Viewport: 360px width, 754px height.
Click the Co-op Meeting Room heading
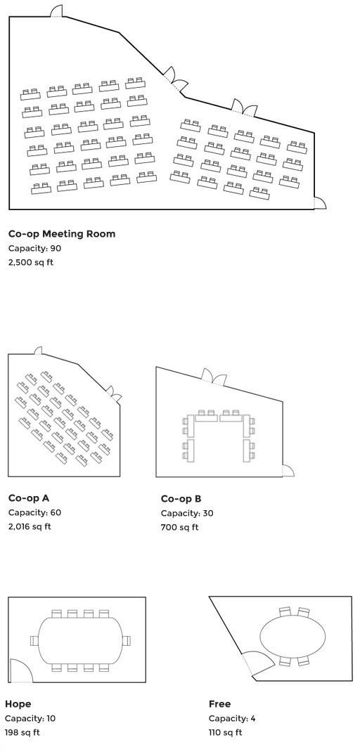pyautogui.click(x=62, y=234)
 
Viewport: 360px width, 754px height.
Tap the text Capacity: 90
pyautogui.click(x=34, y=249)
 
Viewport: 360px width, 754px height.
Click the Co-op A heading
pyautogui.click(x=29, y=498)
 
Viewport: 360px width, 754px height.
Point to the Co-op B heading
pyautogui.click(x=181, y=499)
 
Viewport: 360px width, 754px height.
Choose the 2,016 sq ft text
pyautogui.click(x=30, y=526)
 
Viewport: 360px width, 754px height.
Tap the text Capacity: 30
pyautogui.click(x=187, y=513)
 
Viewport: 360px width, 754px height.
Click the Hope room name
pyautogui.click(x=18, y=705)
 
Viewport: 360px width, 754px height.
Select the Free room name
pyautogui.click(x=219, y=704)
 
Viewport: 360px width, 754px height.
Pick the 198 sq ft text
pyautogui.click(x=22, y=733)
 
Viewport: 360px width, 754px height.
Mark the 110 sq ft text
pyautogui.click(x=225, y=733)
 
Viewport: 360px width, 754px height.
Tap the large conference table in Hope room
pyautogui.click(x=79, y=641)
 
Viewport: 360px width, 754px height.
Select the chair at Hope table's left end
pyautogui.click(x=34, y=641)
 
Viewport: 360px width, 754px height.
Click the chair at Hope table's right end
pyautogui.click(x=126, y=641)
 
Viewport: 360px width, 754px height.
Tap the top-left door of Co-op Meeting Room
pyautogui.click(x=57, y=11)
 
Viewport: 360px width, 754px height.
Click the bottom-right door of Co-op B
pyautogui.click(x=288, y=471)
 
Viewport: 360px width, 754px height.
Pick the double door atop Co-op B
pyautogui.click(x=214, y=377)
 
